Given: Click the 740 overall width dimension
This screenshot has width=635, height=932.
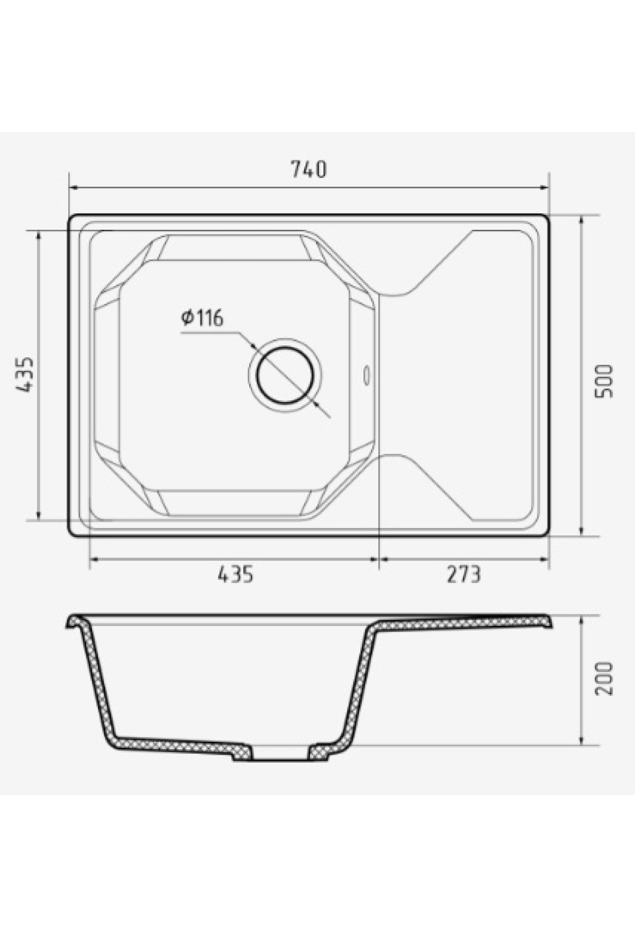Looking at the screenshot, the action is [x=309, y=169].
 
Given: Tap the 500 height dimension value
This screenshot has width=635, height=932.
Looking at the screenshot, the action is [x=604, y=381].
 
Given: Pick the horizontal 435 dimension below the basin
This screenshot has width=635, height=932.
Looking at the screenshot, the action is [x=235, y=574].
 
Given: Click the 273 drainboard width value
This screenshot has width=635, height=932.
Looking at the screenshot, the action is [x=464, y=574].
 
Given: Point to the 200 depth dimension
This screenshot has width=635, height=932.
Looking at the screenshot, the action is [x=604, y=678].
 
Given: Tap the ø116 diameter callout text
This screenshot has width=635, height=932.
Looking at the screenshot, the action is [x=202, y=318].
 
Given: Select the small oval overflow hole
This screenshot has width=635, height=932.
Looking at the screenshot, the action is [x=366, y=375].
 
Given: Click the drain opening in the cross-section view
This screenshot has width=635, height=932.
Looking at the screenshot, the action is [x=280, y=754].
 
